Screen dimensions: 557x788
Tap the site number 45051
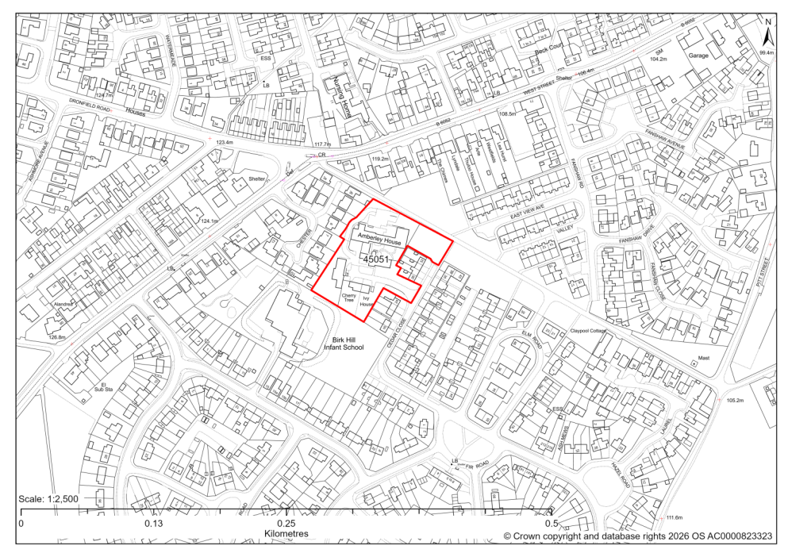[x=379, y=259]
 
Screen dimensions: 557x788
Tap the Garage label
[x=698, y=56]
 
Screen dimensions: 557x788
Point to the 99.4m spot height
[x=766, y=52]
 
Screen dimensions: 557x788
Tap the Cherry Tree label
[x=348, y=298]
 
